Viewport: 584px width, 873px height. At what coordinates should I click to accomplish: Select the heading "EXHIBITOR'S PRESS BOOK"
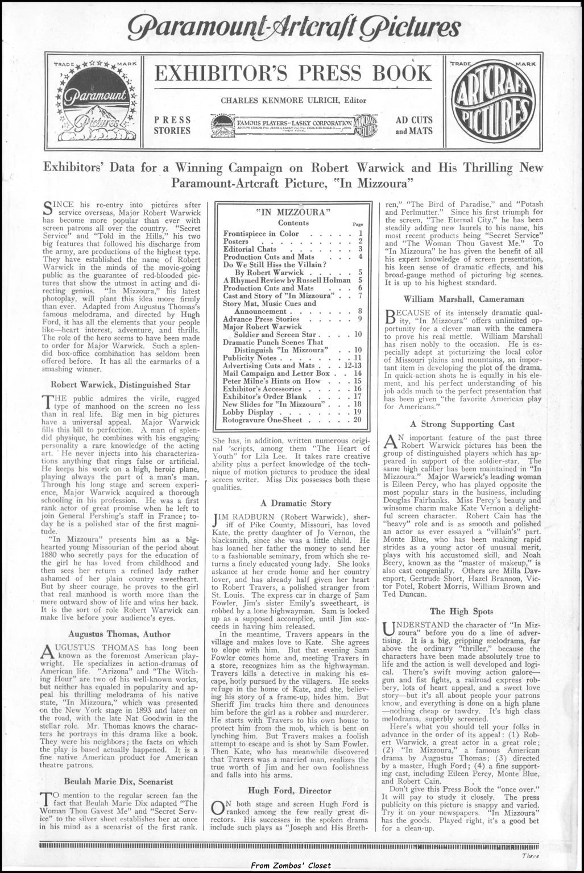tap(293, 74)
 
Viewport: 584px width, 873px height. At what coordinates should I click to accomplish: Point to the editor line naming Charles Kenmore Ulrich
tap(293, 101)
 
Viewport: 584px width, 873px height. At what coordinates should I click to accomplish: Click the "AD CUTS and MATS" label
tap(414, 125)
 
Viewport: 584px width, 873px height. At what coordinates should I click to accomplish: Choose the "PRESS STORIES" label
tap(172, 125)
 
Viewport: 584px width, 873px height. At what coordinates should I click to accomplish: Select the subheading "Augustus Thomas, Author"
tap(119, 634)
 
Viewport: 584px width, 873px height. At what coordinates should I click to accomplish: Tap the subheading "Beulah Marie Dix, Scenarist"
tap(119, 781)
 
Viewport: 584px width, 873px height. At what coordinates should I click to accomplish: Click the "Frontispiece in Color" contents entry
tap(260, 234)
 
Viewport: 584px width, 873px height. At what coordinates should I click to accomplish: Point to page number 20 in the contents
tap(357, 420)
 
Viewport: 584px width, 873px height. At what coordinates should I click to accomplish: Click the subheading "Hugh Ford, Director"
tap(289, 791)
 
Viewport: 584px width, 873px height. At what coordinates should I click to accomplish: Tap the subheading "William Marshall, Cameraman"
tap(463, 298)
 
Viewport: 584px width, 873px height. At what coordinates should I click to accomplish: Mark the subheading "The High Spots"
tap(457, 611)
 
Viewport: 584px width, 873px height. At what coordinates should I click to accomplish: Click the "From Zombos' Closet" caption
tap(291, 865)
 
